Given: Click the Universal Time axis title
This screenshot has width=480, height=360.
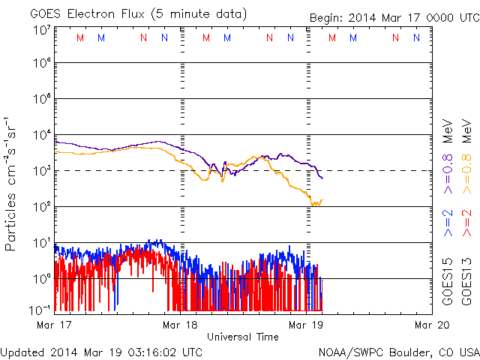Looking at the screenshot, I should (243, 337).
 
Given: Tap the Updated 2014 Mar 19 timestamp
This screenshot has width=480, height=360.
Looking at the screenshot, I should (101, 351).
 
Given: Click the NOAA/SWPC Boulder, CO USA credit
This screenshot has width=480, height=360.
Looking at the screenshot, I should (398, 351).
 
